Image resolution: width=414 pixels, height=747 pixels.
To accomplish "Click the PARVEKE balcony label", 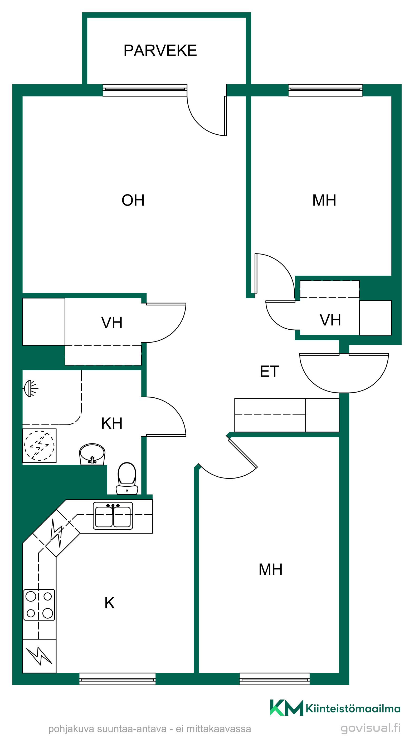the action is [160, 50].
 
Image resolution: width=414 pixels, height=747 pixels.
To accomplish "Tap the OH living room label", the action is [133, 200].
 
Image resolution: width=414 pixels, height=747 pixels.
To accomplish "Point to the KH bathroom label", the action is [112, 423].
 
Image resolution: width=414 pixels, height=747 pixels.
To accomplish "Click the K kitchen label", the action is [110, 603].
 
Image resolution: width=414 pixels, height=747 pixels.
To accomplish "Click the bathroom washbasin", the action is [92, 454].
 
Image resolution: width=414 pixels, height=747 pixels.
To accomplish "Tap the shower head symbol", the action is [30, 388].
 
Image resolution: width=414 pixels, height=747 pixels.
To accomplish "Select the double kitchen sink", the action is [113, 516].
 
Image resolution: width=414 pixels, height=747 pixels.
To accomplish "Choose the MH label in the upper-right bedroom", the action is [324, 200].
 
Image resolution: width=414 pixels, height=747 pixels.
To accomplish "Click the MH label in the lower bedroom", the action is [270, 569].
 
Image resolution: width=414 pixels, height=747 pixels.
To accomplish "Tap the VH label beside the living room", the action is [112, 323].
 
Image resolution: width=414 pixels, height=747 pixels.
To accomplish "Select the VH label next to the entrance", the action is [330, 320].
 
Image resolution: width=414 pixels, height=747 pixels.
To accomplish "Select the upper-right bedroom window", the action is [325, 90].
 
